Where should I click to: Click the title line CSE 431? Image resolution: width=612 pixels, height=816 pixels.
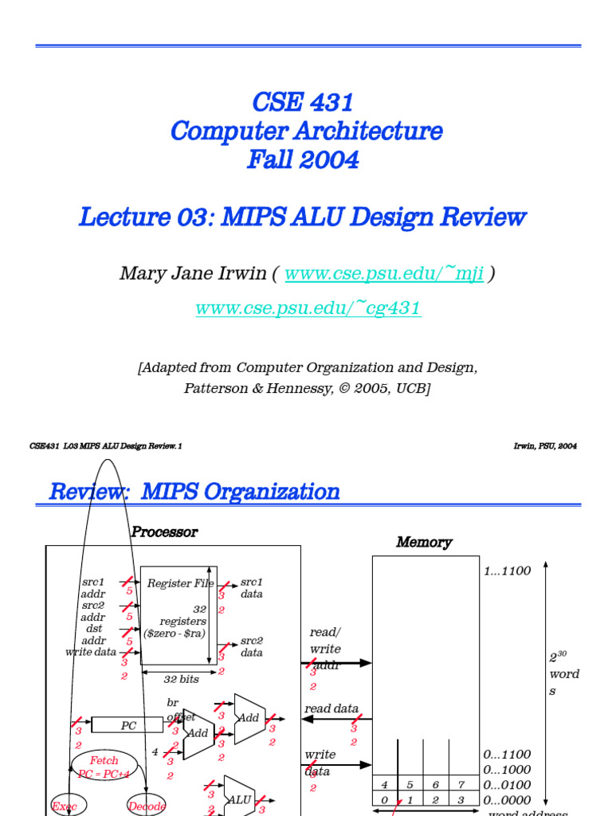tap(303, 102)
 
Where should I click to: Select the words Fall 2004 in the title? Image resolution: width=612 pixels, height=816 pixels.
tap(303, 159)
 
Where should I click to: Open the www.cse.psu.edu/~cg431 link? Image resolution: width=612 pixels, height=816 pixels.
tap(308, 308)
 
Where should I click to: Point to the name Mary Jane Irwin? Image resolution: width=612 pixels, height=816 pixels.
tap(192, 274)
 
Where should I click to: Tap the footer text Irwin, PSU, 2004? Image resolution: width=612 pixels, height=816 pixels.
tap(545, 446)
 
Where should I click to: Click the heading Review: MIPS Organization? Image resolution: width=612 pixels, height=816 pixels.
tap(194, 492)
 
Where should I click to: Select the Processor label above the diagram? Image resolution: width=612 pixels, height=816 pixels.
tap(164, 532)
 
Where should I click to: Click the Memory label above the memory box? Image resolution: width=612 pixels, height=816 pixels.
tap(424, 543)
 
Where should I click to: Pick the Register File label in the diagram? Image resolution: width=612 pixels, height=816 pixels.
tap(180, 583)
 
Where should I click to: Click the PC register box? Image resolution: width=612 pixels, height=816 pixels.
tap(128, 725)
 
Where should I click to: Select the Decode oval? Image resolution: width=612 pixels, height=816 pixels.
tap(147, 806)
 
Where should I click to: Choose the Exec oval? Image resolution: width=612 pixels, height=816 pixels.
tap(65, 806)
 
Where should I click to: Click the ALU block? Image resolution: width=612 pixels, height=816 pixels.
tap(239, 799)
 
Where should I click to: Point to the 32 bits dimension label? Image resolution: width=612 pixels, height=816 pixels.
tap(182, 680)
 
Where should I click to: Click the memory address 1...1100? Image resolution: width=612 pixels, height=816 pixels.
tap(507, 571)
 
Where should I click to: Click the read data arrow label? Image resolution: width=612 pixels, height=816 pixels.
tap(331, 708)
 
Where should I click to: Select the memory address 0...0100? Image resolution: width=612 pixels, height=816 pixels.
tap(507, 785)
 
